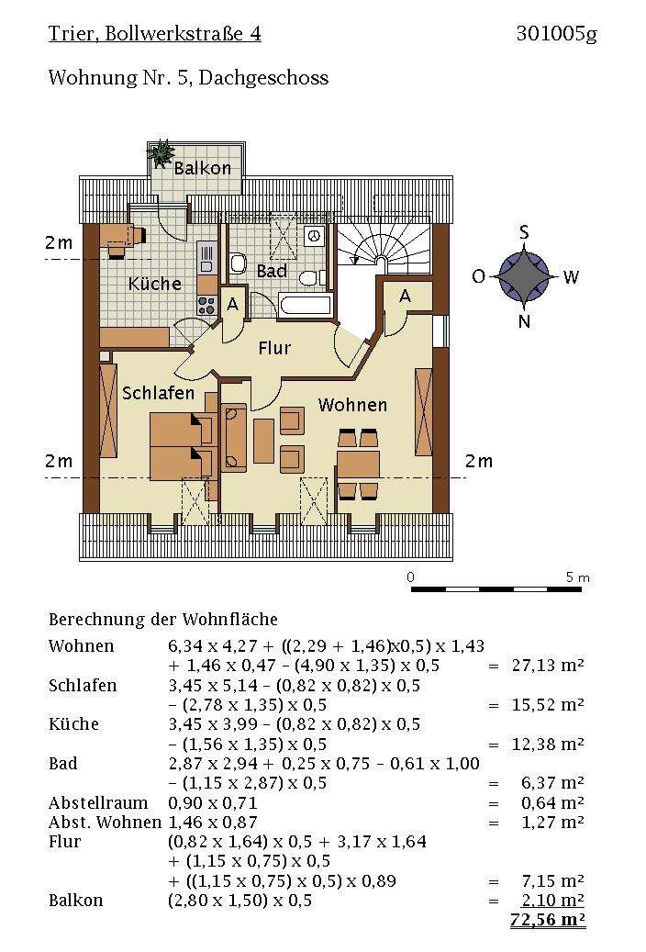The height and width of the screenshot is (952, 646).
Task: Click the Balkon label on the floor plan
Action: (202, 168)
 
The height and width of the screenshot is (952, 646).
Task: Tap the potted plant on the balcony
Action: (161, 152)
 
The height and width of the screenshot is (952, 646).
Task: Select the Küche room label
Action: (154, 284)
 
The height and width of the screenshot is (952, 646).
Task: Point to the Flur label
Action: (274, 348)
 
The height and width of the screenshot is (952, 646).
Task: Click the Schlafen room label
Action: (159, 393)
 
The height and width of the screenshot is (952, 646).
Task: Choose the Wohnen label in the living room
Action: (352, 405)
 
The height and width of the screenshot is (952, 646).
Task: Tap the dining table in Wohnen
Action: (358, 465)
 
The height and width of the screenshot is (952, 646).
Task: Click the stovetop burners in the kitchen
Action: (206, 305)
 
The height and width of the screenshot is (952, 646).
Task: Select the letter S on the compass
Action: (524, 232)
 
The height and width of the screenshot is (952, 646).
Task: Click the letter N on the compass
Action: (525, 321)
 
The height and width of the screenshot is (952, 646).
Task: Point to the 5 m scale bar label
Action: (577, 577)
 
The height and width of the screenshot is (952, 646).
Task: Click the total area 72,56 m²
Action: (548, 920)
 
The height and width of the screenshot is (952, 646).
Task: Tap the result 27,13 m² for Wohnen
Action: (548, 666)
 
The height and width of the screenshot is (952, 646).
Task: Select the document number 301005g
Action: (557, 34)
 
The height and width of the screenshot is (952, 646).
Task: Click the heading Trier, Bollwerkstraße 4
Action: (155, 33)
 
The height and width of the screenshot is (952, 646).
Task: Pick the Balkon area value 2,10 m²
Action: (552, 900)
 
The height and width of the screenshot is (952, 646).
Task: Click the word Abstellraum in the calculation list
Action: (98, 802)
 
